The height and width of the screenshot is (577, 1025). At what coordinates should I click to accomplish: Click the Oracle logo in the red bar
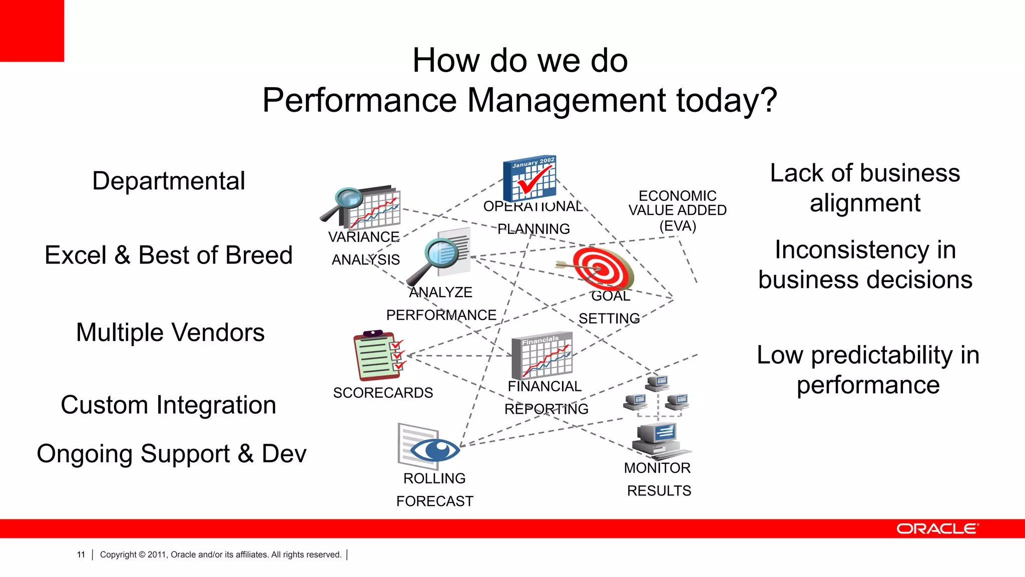[937, 529]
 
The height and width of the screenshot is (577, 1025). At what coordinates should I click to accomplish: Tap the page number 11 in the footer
[81, 554]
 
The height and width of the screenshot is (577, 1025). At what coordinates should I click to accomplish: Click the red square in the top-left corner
[32, 31]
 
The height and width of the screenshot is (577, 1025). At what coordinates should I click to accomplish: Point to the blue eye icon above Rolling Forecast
[434, 449]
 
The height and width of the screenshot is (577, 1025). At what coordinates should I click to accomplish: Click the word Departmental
[169, 181]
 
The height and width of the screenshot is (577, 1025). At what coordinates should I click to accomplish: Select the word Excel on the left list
[75, 255]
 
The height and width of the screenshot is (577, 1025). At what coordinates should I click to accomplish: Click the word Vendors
[218, 333]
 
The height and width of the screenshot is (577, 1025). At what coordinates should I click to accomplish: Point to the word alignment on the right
[865, 203]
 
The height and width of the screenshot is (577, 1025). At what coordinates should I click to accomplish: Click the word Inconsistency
[865, 250]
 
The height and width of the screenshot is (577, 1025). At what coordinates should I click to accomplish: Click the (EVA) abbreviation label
[678, 226]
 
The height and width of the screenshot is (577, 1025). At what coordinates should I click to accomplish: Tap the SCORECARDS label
[383, 393]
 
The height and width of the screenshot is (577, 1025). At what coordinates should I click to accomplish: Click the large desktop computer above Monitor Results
[657, 438]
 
